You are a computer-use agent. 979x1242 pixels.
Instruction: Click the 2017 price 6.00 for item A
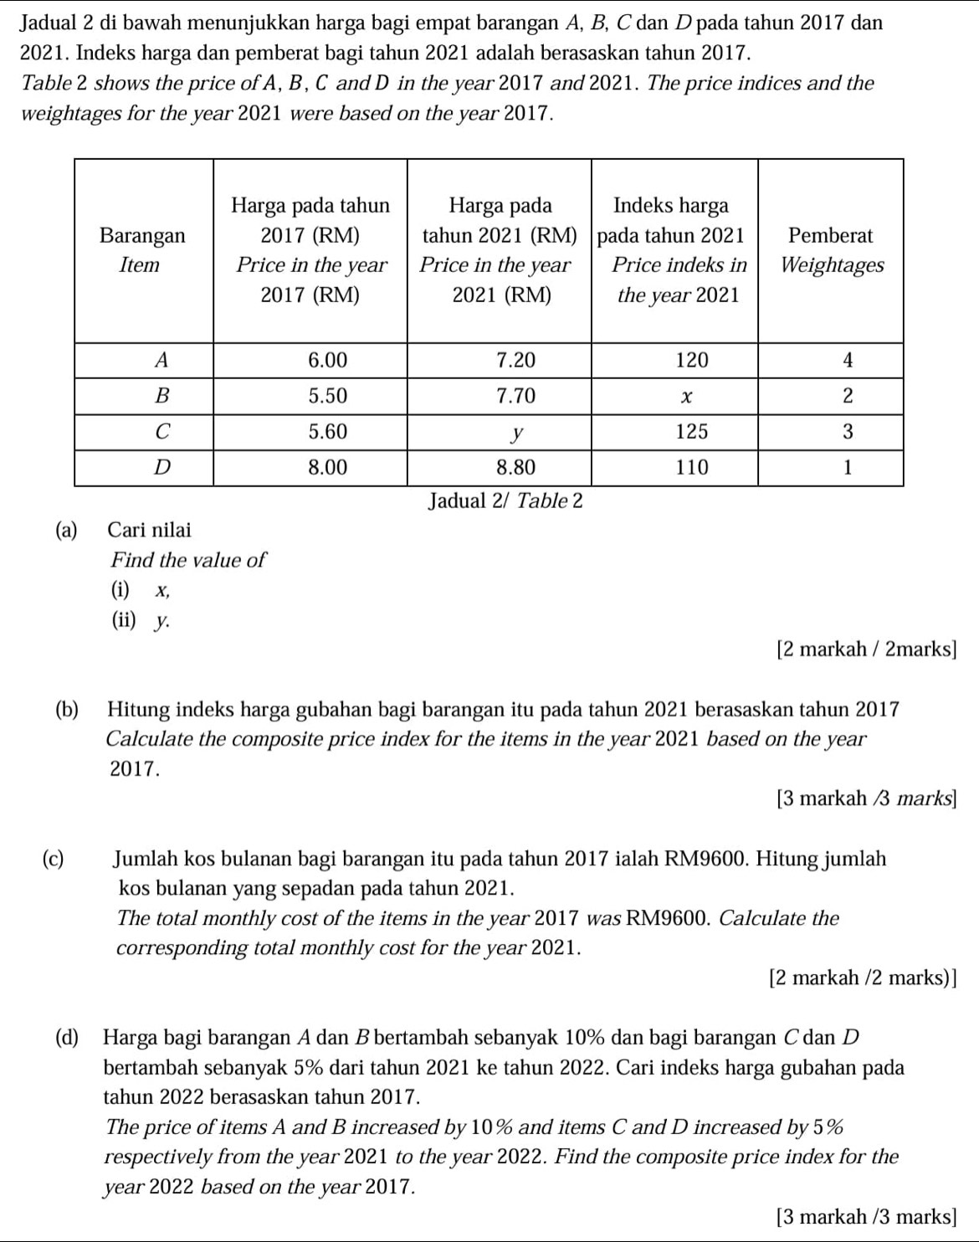[x=327, y=361]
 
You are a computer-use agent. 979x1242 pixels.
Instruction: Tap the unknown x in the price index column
[x=685, y=397]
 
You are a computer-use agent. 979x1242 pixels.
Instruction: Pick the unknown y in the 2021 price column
[x=518, y=433]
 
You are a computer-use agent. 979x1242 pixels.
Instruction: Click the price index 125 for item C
[x=691, y=432]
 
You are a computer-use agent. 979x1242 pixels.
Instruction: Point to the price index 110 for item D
[x=691, y=467]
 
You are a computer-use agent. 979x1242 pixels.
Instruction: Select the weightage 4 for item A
[x=847, y=361]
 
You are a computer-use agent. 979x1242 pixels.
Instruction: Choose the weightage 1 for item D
[x=847, y=467]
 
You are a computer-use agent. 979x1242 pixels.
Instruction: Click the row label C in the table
[x=162, y=432]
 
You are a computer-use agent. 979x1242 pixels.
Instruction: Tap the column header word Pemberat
[x=831, y=235]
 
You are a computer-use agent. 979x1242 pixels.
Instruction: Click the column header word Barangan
[x=142, y=235]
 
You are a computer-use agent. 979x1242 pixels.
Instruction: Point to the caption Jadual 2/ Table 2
[x=504, y=500]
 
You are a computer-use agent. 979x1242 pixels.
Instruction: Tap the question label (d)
[x=68, y=1038]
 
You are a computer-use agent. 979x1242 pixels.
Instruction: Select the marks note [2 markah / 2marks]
[x=866, y=649]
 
